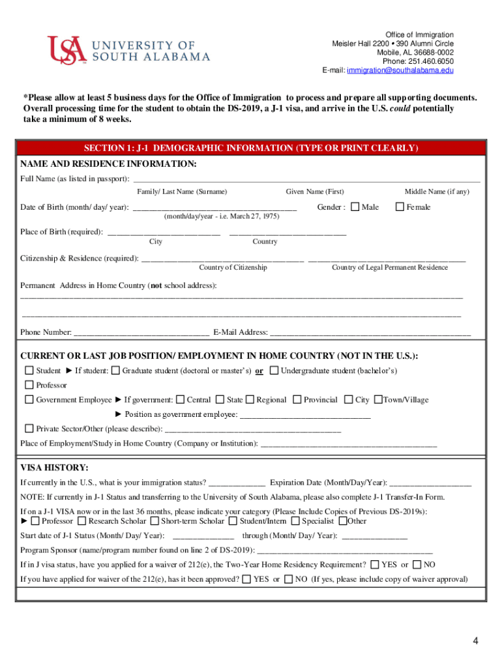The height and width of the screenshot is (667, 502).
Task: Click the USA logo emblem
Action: [x=66, y=50]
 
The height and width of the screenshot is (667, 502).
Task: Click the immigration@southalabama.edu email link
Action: [x=400, y=70]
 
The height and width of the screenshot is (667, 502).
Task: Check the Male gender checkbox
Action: [x=355, y=207]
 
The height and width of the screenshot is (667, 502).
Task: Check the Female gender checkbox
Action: [x=400, y=207]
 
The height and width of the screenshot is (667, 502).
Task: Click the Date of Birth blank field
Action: [x=214, y=207]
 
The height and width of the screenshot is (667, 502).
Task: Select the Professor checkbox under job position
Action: [x=29, y=385]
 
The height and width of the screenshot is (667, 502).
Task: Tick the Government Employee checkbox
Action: [x=29, y=400]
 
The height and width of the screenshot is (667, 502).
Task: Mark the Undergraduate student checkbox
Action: [x=274, y=371]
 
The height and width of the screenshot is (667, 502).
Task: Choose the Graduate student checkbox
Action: [x=115, y=371]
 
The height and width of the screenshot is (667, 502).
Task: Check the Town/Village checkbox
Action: [x=378, y=400]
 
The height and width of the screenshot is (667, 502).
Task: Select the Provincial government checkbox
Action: [x=297, y=400]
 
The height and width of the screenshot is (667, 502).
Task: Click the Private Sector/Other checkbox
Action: [x=29, y=429]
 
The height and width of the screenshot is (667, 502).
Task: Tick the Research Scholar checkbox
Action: [x=81, y=520]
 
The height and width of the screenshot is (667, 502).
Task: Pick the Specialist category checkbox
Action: [x=295, y=520]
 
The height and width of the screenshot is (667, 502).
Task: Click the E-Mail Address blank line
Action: [x=370, y=332]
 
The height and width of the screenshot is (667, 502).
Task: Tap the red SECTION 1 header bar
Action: [x=251, y=148]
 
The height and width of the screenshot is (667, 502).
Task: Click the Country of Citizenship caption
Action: [x=233, y=268]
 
